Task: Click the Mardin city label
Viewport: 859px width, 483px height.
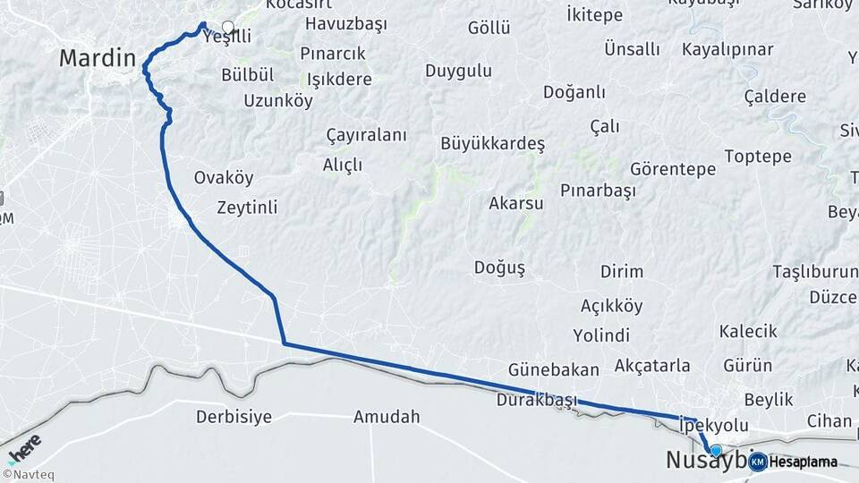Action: click(97, 59)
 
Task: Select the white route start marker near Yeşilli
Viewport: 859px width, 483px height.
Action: click(227, 27)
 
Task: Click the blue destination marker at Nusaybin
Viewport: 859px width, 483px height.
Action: click(715, 450)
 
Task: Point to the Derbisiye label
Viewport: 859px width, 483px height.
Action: click(234, 417)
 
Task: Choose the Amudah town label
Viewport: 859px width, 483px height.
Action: click(387, 417)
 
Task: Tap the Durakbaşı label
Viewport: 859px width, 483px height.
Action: click(537, 400)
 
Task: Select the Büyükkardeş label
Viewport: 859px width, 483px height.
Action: click(492, 143)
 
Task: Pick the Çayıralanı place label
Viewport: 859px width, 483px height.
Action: click(366, 135)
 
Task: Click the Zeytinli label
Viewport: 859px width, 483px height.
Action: click(247, 208)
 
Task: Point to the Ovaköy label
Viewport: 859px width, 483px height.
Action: click(224, 178)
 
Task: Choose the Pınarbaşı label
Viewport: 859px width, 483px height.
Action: click(598, 191)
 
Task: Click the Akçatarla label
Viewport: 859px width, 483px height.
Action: click(652, 365)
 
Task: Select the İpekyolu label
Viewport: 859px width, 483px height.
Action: click(713, 425)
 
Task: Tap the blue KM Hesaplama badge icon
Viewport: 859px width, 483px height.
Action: click(757, 462)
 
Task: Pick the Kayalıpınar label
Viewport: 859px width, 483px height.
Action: click(727, 50)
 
